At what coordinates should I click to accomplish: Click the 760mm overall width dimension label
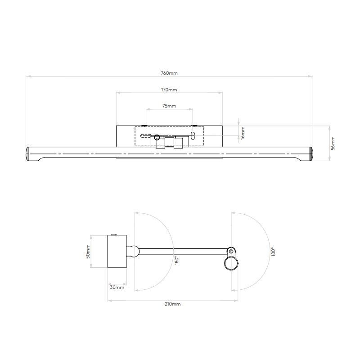pos(169,73)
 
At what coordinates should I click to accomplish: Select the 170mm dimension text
pos(169,90)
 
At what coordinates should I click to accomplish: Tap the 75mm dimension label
pos(169,106)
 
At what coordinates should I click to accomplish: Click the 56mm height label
pos(333,144)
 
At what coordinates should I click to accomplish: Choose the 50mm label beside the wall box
pos(89,251)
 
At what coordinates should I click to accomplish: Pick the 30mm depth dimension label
pos(117,287)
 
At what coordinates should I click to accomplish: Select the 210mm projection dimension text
pos(173,304)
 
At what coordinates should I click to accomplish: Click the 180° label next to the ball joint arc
pos(177,260)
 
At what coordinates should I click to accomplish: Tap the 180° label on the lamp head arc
pos(273,252)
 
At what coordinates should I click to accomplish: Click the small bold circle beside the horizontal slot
pos(157,138)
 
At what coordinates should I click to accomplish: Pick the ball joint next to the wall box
pos(134,251)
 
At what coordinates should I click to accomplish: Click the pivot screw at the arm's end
pos(231,251)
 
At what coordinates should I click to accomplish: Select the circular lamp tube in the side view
pos(230,264)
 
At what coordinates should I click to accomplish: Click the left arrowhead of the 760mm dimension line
pos(28,76)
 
